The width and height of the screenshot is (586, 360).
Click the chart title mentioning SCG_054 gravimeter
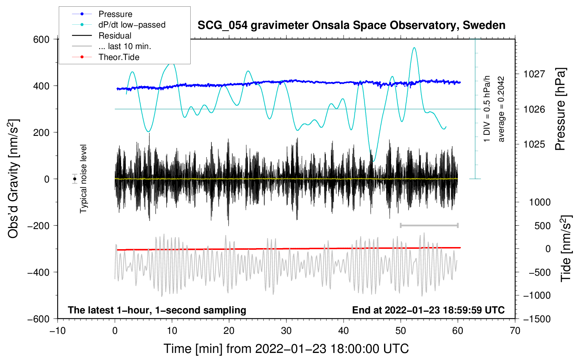click(351, 25)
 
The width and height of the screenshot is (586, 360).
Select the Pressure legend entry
click(115, 14)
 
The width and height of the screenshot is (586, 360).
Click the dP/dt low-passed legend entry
click(132, 25)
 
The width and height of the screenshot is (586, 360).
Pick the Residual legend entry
click(115, 36)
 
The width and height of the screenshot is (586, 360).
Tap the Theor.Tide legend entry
click(119, 57)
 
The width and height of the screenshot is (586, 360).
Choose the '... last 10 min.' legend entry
click(125, 46)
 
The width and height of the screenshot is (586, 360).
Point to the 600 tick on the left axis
click(41, 40)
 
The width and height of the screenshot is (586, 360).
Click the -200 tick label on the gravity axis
click(39, 226)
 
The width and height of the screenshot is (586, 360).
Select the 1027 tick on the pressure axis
click(534, 74)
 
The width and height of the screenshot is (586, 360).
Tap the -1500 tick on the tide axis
click(537, 319)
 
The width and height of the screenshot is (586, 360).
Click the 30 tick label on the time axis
click(286, 331)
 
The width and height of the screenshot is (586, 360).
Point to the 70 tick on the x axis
click(515, 331)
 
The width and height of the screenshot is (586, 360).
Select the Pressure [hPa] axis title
click(560, 109)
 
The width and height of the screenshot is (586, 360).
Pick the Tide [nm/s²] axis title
click(566, 248)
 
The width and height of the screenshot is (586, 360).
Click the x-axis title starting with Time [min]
click(286, 349)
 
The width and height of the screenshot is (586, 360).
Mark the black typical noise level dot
click(75, 179)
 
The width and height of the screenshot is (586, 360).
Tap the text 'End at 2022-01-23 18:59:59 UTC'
click(428, 310)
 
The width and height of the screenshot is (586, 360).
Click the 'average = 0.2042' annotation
click(501, 109)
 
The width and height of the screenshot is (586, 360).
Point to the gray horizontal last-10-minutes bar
click(429, 225)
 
